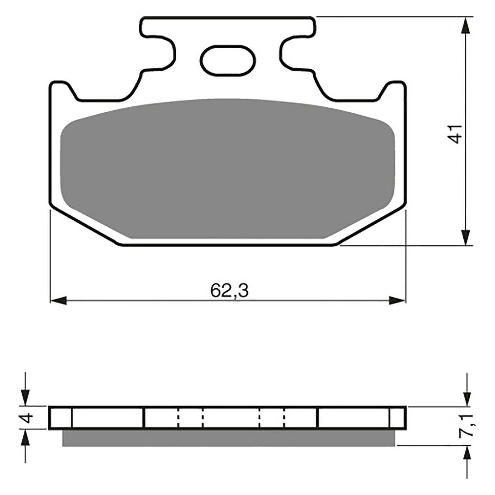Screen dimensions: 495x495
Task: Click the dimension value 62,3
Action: tap(229, 291)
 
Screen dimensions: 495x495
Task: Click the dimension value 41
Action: tap(456, 134)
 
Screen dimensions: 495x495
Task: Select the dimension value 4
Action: tap(28, 417)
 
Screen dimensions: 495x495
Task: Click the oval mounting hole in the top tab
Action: tap(228, 60)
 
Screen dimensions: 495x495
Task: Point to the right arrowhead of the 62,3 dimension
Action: tap(397, 300)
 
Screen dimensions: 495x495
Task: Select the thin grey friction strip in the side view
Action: tap(229, 438)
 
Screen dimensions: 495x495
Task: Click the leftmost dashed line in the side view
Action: tap(179, 417)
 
